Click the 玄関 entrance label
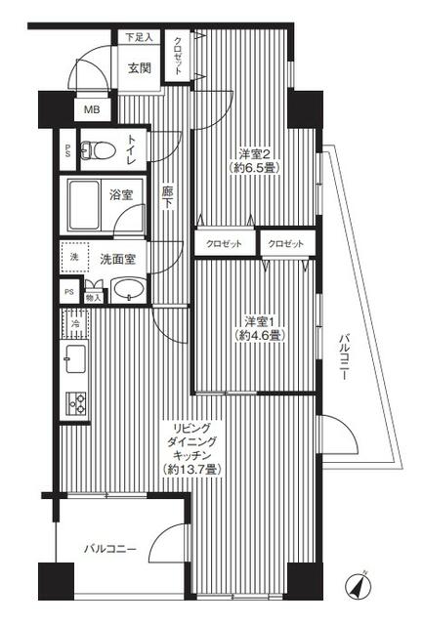pos(140,68)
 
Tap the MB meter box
pos(92,109)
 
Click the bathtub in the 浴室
pos(84,205)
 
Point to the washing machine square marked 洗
pos(74,257)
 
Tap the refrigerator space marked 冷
pos(75,323)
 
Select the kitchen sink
pos(75,358)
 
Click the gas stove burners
pos(76,403)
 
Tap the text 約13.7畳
pos(191,469)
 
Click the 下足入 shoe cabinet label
pos(139,37)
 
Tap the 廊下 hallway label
pos(167,198)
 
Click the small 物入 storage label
pos(94,297)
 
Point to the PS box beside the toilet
pos(67,150)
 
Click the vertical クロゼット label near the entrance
pos(178,56)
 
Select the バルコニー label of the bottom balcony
pos(110,549)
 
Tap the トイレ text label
pos(132,149)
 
